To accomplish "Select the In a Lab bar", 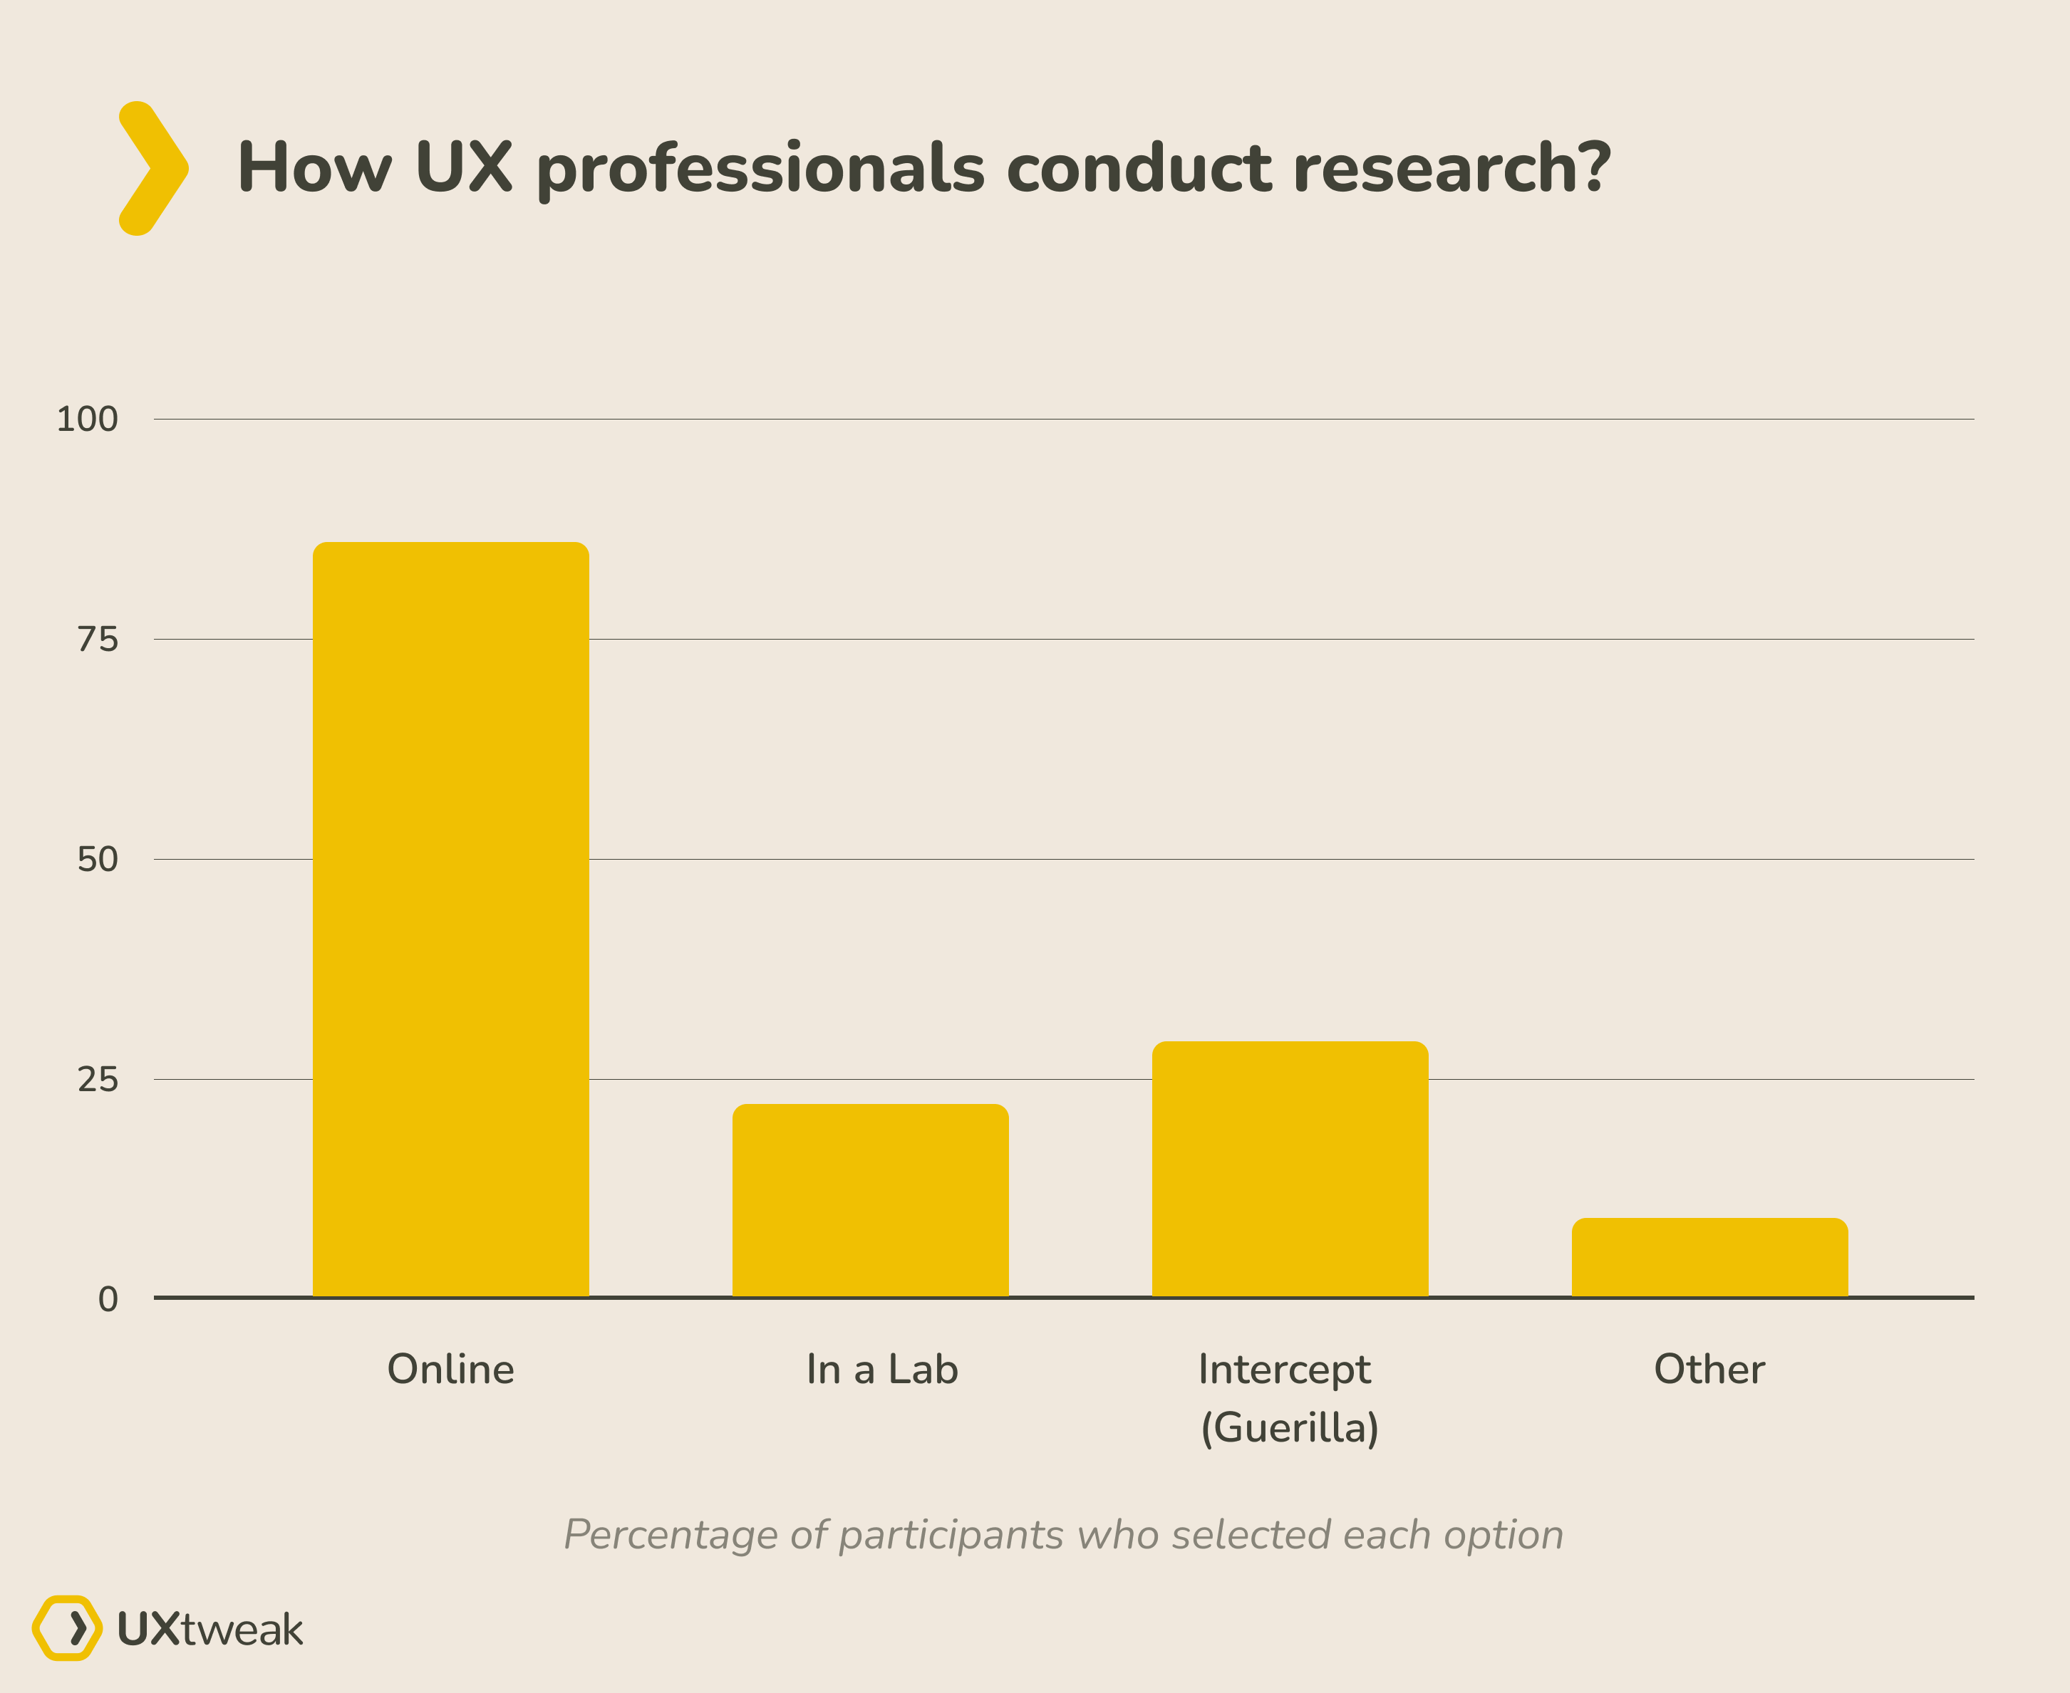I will (870, 1199).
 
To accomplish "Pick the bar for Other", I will (1709, 1257).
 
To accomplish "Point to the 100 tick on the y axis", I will (87, 420).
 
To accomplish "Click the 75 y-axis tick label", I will (98, 640).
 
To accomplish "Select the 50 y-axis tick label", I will (98, 859).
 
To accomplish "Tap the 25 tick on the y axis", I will (98, 1080).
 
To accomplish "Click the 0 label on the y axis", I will (108, 1299).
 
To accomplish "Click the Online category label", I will (450, 1369).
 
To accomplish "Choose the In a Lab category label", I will (882, 1369).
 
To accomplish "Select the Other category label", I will (1709, 1369).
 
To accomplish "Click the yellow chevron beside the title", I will (153, 168).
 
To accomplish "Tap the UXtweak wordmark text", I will (209, 1630).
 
